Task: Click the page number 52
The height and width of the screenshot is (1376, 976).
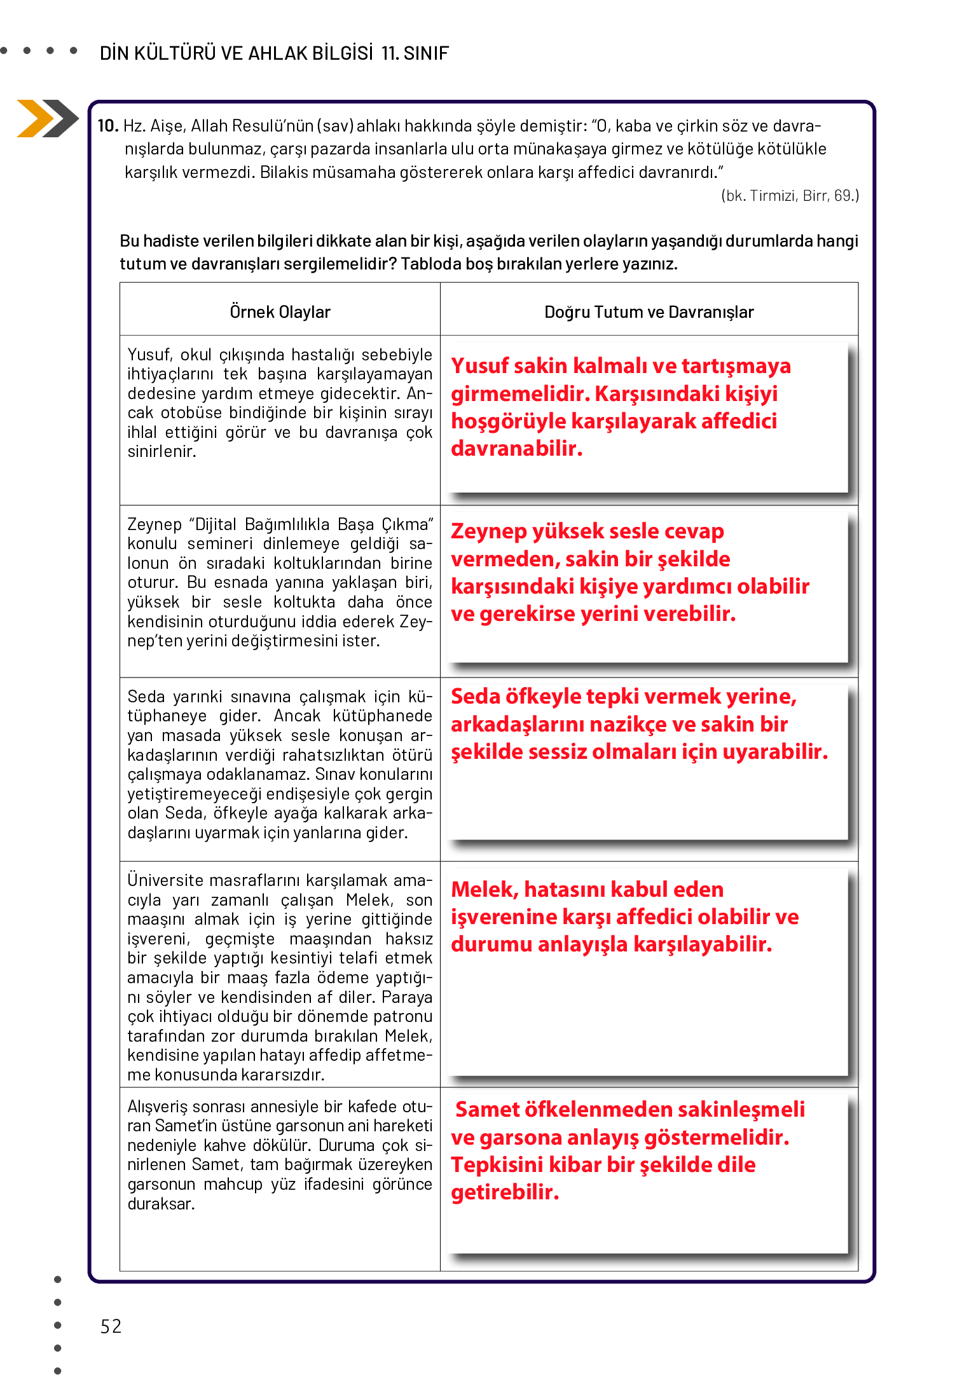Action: [x=111, y=1326]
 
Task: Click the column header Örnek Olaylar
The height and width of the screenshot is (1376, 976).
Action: [x=280, y=312]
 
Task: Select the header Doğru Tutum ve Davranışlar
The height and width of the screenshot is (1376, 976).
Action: [x=649, y=312]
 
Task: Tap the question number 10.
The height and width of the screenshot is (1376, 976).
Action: [x=107, y=126]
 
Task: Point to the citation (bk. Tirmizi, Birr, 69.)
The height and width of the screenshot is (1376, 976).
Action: [x=790, y=196]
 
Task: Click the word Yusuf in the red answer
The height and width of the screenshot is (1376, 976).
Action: [x=479, y=366]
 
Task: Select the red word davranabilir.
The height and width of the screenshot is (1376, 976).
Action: [x=516, y=449]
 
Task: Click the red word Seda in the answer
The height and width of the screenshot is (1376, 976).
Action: [x=475, y=697]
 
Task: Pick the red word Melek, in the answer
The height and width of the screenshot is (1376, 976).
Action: [x=485, y=890]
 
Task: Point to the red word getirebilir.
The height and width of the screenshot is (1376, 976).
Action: [x=505, y=1192]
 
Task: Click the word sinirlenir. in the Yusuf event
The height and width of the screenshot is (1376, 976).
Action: [x=162, y=452]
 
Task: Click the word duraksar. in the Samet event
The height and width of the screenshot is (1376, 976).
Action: [x=161, y=1204]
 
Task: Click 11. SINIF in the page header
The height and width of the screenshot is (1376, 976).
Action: [x=415, y=53]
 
